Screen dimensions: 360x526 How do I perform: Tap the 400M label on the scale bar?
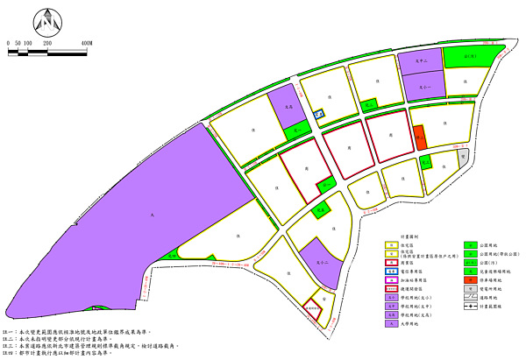point(85,42)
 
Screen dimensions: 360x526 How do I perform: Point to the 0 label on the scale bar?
point(7,42)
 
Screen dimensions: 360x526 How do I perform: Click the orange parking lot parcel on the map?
point(419,137)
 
